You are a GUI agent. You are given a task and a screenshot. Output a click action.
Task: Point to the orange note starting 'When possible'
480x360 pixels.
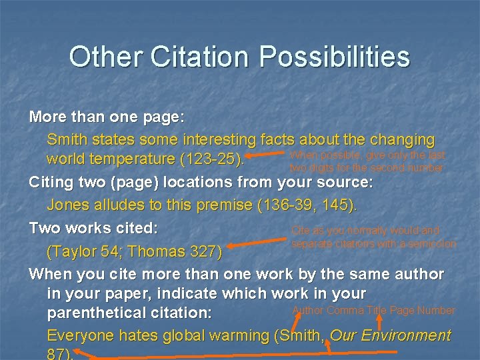[x=367, y=161]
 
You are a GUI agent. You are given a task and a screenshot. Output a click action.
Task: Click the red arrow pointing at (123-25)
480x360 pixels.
[x=267, y=158]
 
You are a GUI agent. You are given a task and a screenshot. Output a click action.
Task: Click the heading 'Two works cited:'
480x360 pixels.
[x=93, y=228]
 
